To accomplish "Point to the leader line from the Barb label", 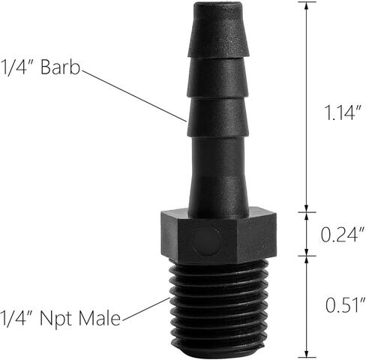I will [135, 94].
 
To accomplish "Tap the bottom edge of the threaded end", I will [218, 352].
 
